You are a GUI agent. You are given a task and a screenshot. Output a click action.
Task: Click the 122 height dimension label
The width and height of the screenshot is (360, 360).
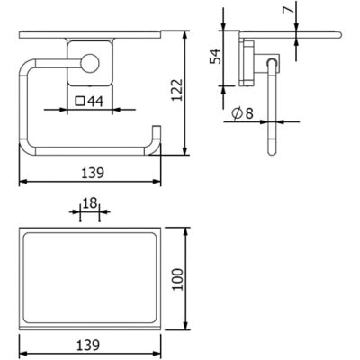tap(176, 90)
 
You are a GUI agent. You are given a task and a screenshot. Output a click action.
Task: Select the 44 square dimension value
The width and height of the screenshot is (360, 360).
tap(95, 102)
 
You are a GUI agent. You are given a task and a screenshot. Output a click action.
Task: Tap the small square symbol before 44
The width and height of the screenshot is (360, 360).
tap(80, 102)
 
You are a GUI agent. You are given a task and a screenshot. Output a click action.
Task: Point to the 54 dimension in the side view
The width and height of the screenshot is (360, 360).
tap(216, 56)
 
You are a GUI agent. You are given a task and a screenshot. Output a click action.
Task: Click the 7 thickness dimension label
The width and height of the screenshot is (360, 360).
tap(288, 11)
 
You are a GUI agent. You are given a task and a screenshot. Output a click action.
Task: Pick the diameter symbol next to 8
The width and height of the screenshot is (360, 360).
tap(238, 113)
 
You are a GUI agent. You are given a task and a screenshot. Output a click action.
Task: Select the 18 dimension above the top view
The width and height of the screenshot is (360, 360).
tap(90, 203)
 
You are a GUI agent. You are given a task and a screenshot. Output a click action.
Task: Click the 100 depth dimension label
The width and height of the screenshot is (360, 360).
tap(178, 279)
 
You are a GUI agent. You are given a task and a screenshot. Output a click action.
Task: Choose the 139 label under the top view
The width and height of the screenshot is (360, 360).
tap(88, 346)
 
